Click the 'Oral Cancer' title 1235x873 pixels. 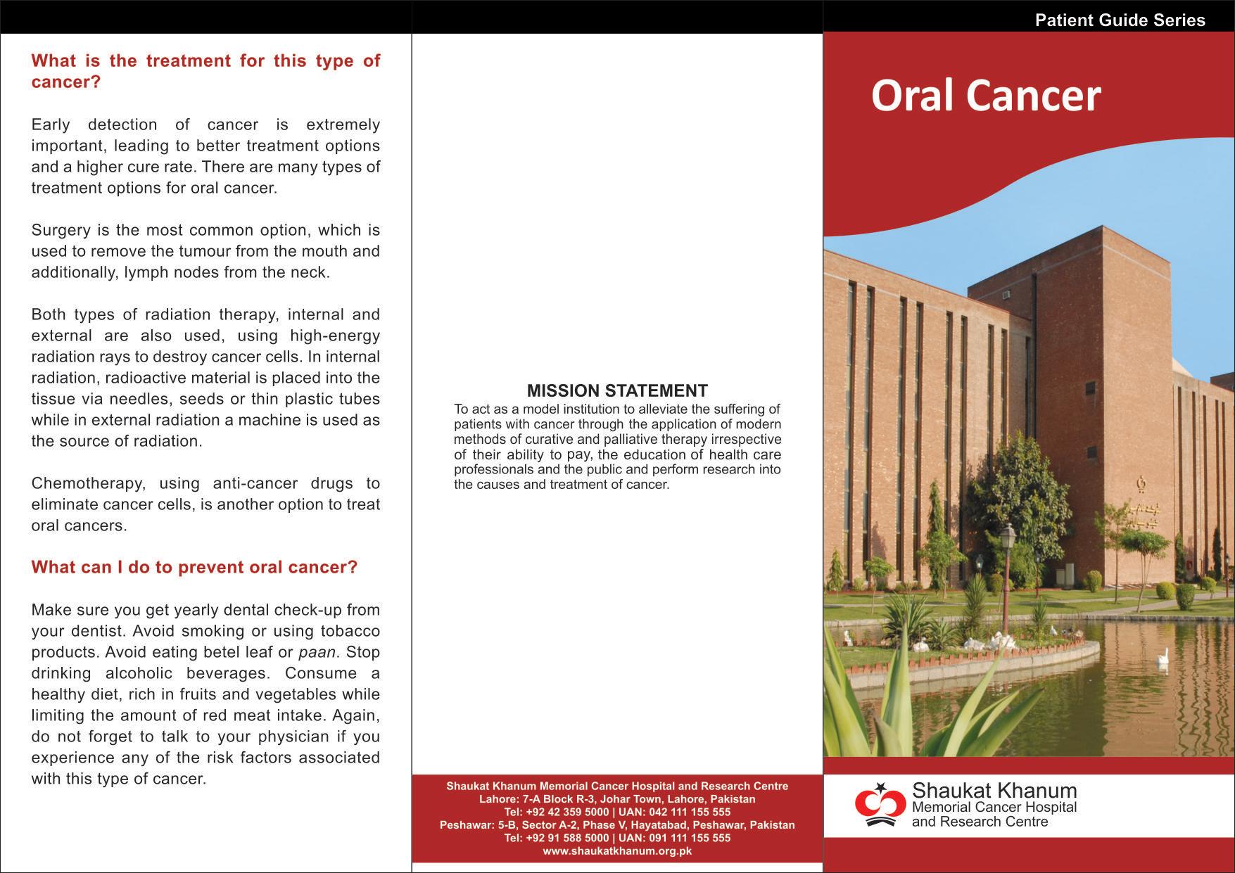(985, 96)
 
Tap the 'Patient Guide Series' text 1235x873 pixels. (1120, 20)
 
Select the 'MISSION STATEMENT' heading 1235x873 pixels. (617, 391)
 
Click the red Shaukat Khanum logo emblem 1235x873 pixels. (880, 804)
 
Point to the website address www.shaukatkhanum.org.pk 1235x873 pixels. (617, 851)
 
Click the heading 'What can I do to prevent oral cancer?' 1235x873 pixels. (194, 568)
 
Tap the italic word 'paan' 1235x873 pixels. (317, 652)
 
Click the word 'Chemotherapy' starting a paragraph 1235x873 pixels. (87, 483)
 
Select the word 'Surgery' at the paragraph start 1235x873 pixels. (61, 230)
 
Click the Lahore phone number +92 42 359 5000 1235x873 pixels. (567, 812)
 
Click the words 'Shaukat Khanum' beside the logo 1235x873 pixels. (994, 791)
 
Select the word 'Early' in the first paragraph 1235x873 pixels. (51, 125)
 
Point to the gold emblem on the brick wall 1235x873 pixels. (1141, 485)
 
